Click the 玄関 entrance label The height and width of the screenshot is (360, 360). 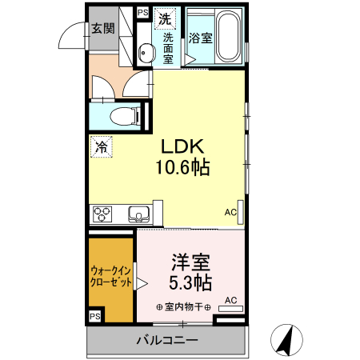click(x=102, y=28)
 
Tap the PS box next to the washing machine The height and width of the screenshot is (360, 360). click(x=142, y=13)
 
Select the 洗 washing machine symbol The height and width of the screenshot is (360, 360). click(x=164, y=17)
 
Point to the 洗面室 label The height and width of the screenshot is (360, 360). click(x=169, y=48)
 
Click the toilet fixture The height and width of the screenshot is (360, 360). click(x=125, y=114)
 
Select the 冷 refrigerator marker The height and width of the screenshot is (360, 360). click(x=101, y=147)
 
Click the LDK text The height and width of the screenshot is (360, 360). click(x=185, y=147)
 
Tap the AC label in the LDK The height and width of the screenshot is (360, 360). click(x=230, y=212)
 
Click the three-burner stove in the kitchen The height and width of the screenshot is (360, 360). click(x=103, y=214)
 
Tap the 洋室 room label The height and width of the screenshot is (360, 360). click(x=191, y=262)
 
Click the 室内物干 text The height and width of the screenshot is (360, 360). click(x=183, y=307)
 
